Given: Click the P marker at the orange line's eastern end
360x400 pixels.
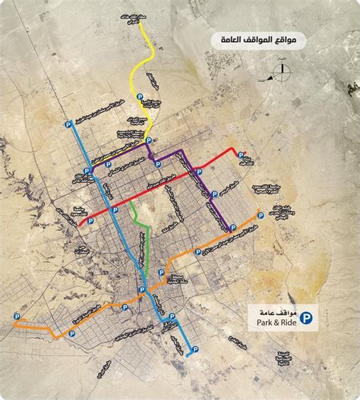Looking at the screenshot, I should point(261,216).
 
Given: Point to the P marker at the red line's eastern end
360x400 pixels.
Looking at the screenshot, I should point(242,151).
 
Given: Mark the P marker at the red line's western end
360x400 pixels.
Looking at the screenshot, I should point(90,221).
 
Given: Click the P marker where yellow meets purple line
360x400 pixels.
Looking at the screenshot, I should point(149,141).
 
